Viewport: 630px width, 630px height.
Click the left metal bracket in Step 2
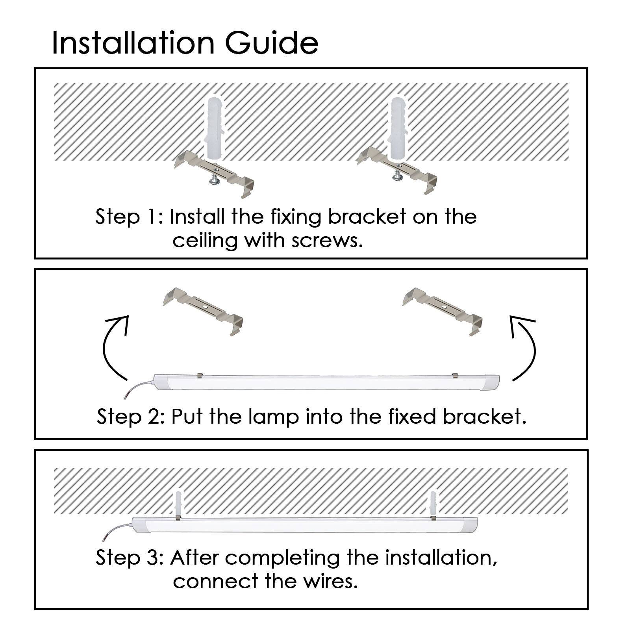point(203,311)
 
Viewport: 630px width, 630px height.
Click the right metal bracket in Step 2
point(443,311)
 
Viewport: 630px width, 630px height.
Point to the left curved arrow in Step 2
point(106,346)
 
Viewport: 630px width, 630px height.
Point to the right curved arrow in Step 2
point(533,346)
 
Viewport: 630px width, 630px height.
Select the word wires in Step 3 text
point(330,581)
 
